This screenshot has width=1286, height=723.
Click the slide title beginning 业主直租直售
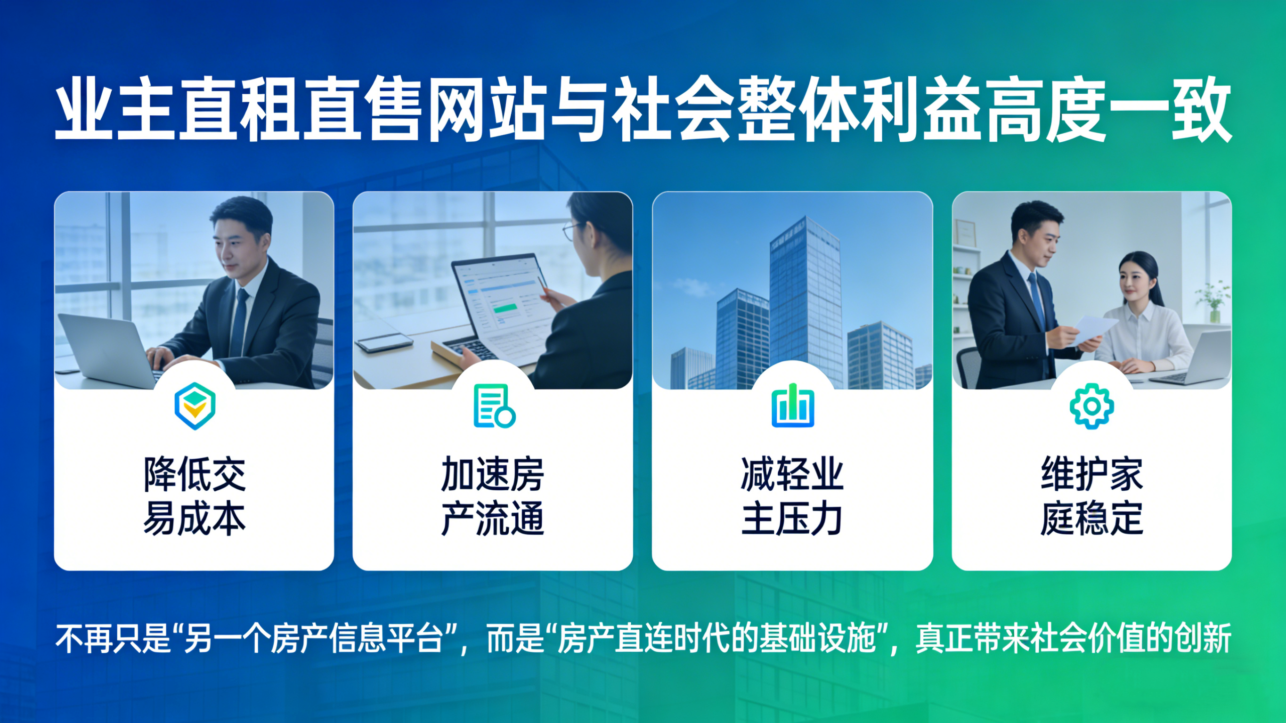(x=643, y=109)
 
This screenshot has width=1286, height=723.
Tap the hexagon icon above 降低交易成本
(x=195, y=406)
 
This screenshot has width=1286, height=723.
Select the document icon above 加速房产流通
(x=494, y=406)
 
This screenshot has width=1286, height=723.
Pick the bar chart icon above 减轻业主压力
(x=793, y=406)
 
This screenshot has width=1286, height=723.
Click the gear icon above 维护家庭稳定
(x=1092, y=406)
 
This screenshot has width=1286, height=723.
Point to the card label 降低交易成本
(x=194, y=496)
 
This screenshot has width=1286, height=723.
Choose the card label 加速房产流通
(x=493, y=496)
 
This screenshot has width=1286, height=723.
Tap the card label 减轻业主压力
(x=792, y=496)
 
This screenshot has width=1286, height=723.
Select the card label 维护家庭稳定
(x=1092, y=496)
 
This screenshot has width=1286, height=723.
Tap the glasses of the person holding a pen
(x=571, y=230)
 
